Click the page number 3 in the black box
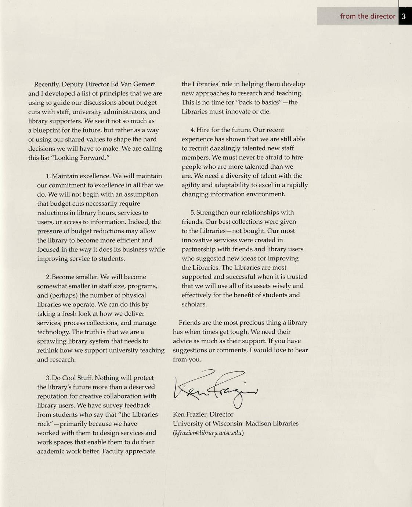coord(404,16)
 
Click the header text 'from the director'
coord(367,16)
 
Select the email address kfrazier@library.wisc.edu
coord(209,433)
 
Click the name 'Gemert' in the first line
coord(143,84)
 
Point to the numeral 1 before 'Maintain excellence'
coord(48,176)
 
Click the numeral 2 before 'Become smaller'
coord(48,277)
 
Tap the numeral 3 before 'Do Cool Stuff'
coord(48,378)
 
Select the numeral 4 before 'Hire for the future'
coord(192,130)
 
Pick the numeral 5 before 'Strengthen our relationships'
coord(192,213)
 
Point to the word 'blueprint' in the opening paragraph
coord(47,130)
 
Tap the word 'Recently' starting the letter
coord(47,84)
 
